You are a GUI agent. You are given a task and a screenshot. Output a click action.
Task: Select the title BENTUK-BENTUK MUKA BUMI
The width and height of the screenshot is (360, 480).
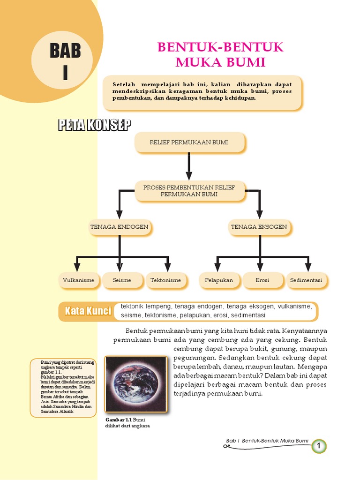pos(220,54)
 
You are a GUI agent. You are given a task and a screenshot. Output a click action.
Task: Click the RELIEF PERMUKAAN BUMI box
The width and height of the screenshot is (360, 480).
pos(189,142)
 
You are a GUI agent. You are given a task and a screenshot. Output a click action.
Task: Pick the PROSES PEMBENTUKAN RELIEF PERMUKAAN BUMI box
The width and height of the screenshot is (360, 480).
pos(189,190)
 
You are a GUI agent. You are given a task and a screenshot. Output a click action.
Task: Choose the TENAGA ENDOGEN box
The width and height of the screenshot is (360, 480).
pos(120,227)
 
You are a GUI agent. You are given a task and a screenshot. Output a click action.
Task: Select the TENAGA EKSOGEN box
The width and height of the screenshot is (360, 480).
pos(259,227)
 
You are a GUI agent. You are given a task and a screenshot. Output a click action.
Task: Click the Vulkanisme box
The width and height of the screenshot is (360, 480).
pos(78,280)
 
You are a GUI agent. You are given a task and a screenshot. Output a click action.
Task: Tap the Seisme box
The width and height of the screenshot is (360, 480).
pos(122,280)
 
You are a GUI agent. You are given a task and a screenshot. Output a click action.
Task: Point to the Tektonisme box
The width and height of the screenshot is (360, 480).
pos(165,280)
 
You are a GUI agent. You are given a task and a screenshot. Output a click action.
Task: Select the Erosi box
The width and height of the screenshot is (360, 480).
pos(262,280)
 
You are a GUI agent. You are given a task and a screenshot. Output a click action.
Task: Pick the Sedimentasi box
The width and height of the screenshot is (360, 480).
pos(306,280)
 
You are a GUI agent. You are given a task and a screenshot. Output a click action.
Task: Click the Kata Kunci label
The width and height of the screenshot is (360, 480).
pos(88,311)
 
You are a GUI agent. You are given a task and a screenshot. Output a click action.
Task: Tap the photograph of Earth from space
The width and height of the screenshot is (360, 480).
pos(135,384)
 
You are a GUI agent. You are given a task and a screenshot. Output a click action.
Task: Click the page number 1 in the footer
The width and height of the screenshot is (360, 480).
pos(319,446)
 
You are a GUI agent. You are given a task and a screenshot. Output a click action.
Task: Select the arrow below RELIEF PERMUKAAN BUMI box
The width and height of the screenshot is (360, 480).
pos(189,164)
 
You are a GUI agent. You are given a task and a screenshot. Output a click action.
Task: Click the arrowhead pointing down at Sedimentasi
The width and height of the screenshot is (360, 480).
pos(308,267)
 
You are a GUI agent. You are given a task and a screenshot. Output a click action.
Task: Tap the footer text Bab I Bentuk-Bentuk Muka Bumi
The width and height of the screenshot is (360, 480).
pos(267,441)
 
